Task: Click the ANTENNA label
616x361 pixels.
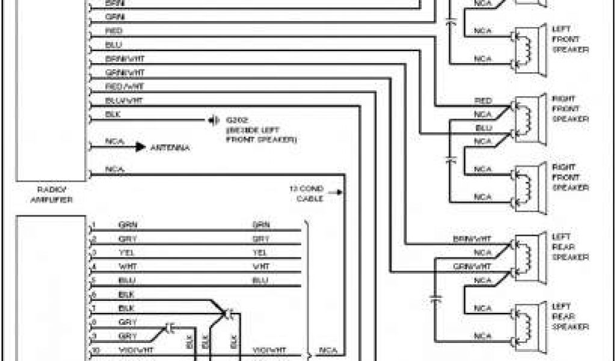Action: (170, 147)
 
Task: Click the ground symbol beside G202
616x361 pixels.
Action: (212, 120)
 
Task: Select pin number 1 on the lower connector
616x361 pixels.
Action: (94, 225)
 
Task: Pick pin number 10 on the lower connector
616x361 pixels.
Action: (94, 349)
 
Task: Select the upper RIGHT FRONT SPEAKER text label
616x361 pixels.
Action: (570, 108)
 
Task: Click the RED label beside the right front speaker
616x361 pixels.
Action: (483, 100)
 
